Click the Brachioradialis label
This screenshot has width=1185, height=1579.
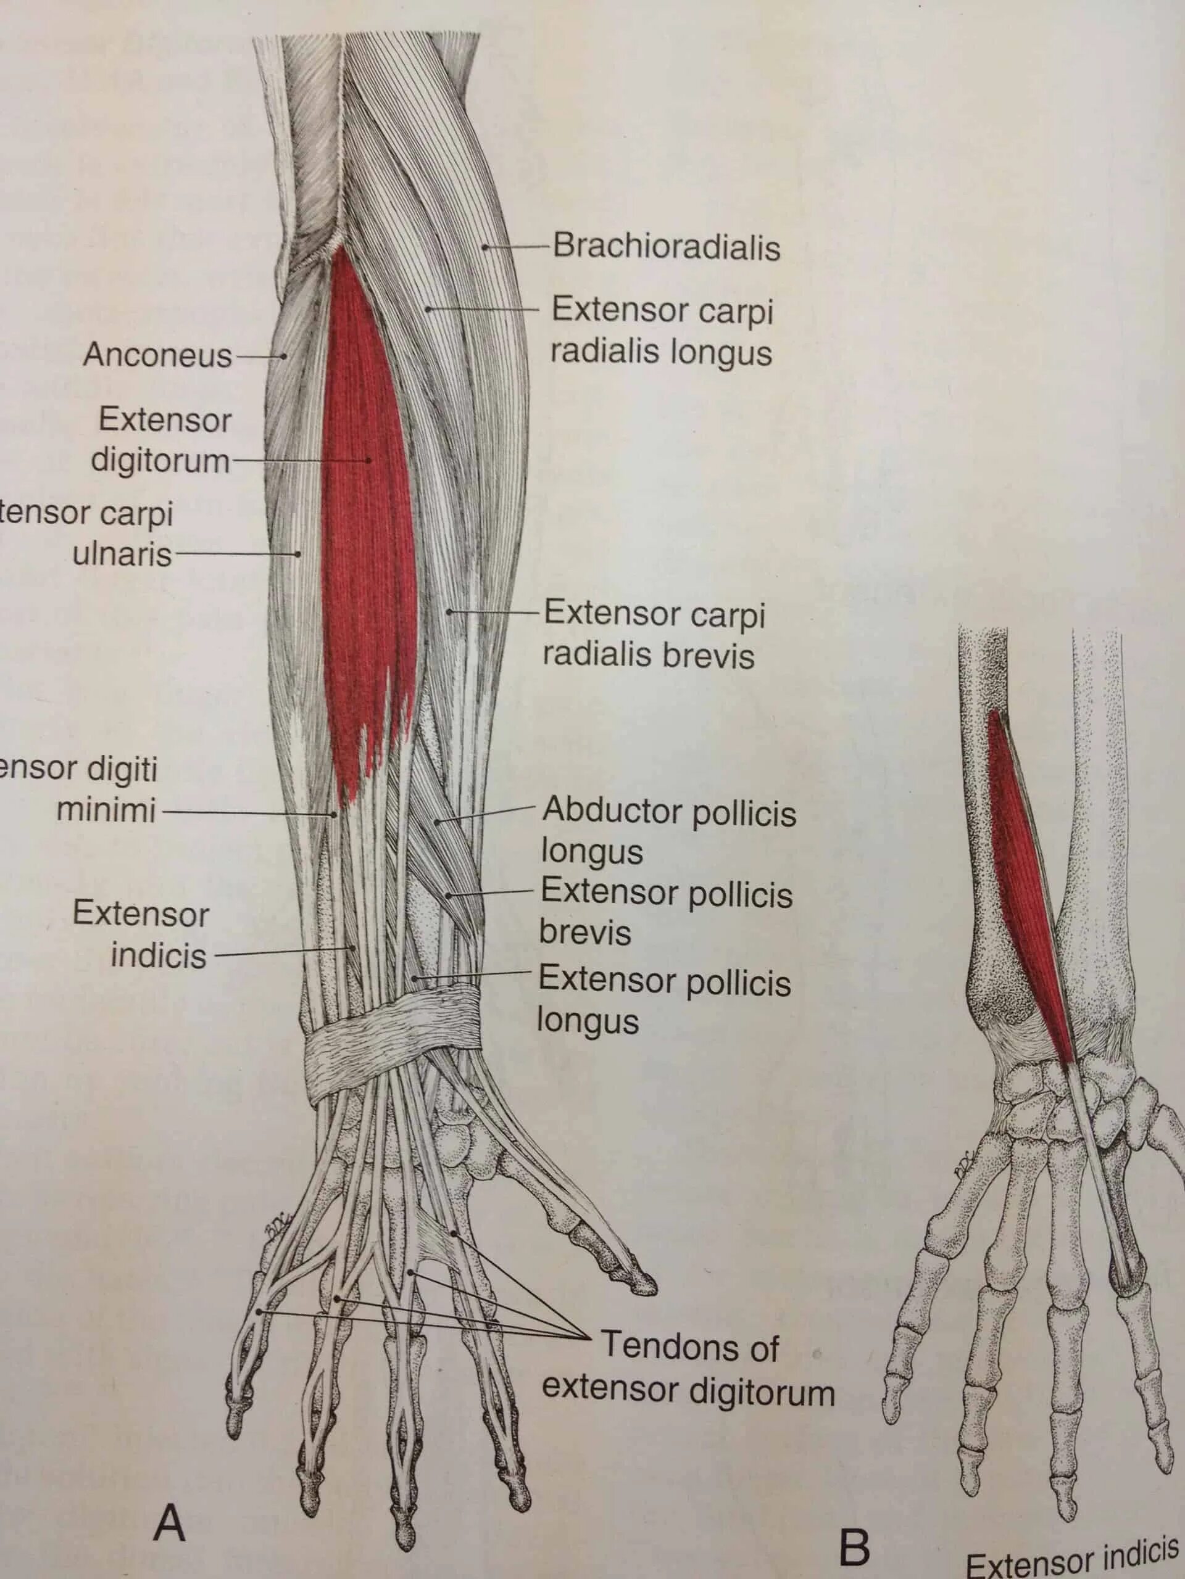coord(666,247)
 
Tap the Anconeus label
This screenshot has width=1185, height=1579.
coord(157,355)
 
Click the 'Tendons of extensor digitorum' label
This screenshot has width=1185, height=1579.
coord(688,1369)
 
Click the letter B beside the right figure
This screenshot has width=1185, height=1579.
coord(854,1548)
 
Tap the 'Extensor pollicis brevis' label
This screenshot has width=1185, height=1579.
coord(664,912)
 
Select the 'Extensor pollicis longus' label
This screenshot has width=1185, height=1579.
coord(663,999)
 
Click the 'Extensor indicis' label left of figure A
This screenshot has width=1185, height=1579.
coord(141,934)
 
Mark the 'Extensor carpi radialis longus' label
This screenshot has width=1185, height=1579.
coord(662,331)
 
